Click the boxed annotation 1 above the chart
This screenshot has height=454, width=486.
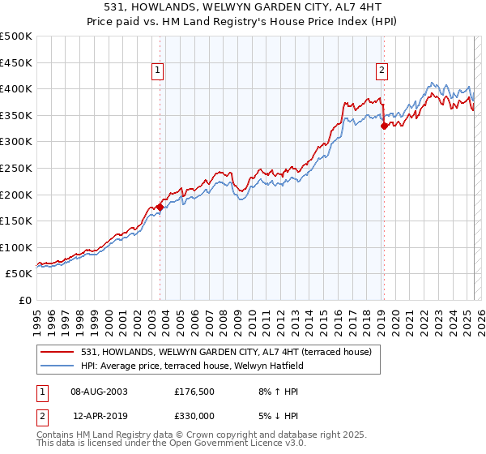[158, 71]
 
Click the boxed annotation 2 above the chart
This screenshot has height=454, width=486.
[382, 71]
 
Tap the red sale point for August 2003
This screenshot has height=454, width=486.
[160, 207]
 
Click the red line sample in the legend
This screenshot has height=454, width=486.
[58, 352]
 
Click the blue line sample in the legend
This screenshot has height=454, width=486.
[58, 365]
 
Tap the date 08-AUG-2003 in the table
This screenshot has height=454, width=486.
[99, 392]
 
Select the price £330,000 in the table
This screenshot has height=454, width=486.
[194, 415]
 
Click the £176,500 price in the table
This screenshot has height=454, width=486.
[194, 392]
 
